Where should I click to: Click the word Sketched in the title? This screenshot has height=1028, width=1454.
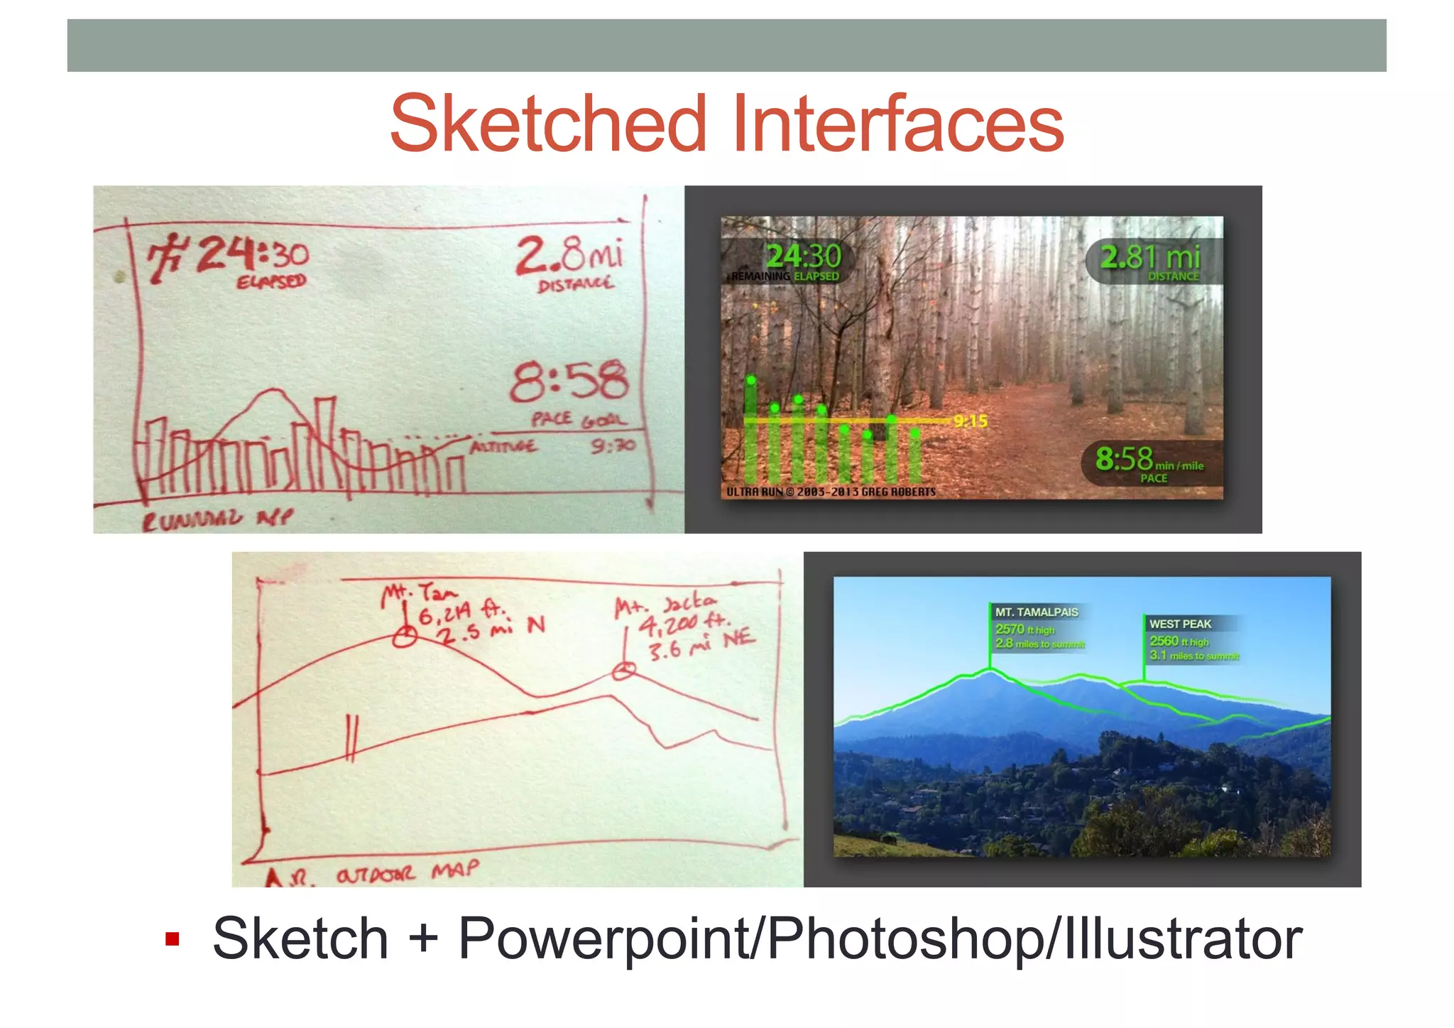[x=548, y=124]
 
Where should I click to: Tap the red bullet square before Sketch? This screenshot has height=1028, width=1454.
[x=172, y=939]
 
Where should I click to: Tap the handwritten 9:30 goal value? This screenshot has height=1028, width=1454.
[x=613, y=446]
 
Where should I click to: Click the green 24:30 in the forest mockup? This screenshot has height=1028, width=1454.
[x=803, y=256]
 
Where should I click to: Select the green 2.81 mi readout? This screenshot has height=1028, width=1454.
[x=1149, y=256]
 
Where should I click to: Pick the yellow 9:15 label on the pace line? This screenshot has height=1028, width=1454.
[x=971, y=421]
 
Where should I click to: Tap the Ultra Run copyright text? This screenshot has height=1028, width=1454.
[x=831, y=492]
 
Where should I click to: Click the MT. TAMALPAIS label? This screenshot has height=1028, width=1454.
[x=1036, y=612]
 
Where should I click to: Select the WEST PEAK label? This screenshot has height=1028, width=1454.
[x=1180, y=624]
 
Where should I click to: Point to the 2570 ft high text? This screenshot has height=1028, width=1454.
[x=1024, y=629]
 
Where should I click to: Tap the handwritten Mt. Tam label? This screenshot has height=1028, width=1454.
[x=420, y=593]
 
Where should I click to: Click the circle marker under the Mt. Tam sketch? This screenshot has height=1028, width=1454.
[x=405, y=637]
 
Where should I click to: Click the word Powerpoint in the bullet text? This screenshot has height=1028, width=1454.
[x=606, y=939]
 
